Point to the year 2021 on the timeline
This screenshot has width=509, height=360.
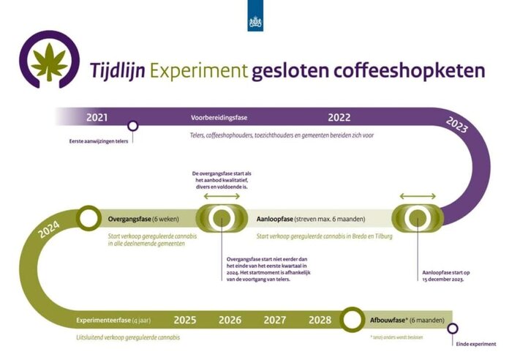coord(97,117)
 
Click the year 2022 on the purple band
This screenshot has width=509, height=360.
coord(339,117)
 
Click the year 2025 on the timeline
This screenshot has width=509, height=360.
coord(184,320)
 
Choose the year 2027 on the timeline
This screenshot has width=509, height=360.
coord(274,320)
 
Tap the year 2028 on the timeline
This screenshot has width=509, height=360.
coord(320,320)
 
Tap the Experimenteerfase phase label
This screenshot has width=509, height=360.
coord(107,320)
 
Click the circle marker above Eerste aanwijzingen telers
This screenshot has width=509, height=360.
coord(132,126)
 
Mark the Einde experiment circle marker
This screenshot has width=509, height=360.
coord(453,329)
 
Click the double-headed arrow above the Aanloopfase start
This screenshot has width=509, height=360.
coord(418,196)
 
